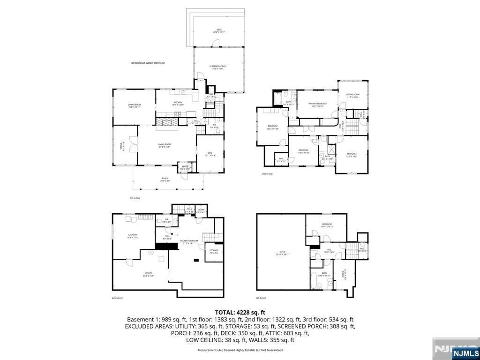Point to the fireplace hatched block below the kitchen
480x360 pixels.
tap(167, 122)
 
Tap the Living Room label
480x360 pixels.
tap(164, 145)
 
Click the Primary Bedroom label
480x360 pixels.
tap(317, 105)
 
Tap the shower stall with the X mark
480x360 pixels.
tap(331, 150)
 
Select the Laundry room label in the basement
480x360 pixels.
tap(133, 236)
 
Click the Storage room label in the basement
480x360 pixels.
tap(214, 251)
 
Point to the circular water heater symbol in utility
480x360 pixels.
tap(151, 253)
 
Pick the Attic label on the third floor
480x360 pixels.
tap(283, 253)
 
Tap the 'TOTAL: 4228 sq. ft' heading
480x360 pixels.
tap(240, 312)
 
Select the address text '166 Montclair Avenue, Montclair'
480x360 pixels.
tap(148, 63)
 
